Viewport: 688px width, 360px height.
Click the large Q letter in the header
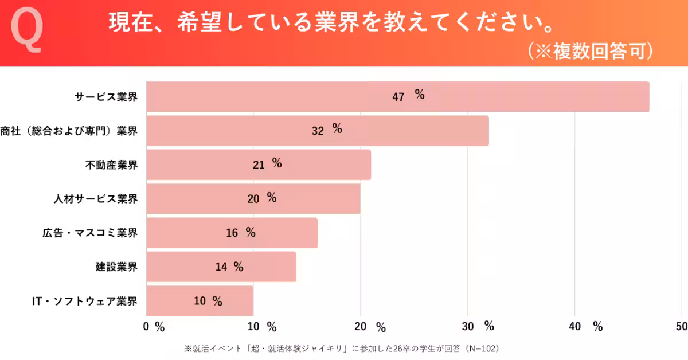tap(27, 32)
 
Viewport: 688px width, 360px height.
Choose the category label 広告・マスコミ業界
tap(90, 233)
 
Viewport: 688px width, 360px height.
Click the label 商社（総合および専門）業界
tap(69, 131)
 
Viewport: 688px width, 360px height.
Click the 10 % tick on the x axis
tap(262, 327)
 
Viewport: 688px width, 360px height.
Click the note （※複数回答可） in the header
tap(591, 51)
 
